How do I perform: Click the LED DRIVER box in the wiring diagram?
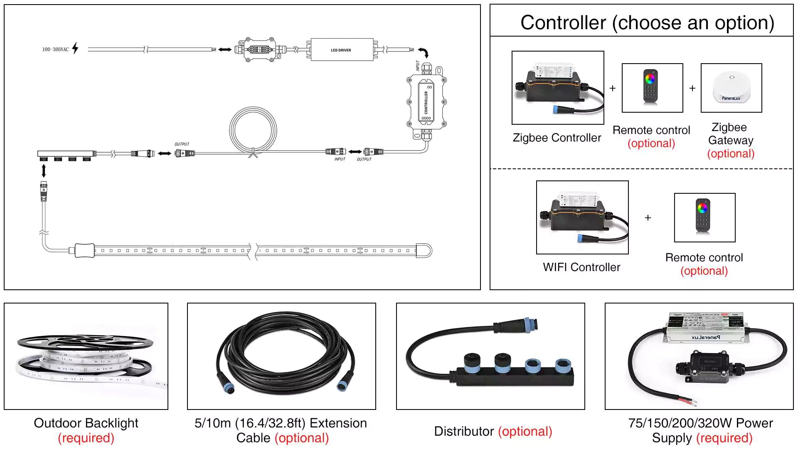tap(341, 50)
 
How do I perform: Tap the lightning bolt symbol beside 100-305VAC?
tap(75, 48)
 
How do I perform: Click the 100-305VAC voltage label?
tap(55, 49)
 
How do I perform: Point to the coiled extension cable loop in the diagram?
tap(253, 130)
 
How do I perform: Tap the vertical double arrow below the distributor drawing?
tap(44, 170)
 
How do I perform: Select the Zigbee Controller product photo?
tap(557, 88)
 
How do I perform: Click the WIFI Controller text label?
tap(581, 267)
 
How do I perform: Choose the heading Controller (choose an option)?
tap(647, 22)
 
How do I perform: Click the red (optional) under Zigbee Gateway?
tap(731, 153)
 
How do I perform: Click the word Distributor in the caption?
tap(463, 431)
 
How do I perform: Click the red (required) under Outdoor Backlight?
tap(86, 438)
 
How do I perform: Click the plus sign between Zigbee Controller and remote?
tap(613, 88)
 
